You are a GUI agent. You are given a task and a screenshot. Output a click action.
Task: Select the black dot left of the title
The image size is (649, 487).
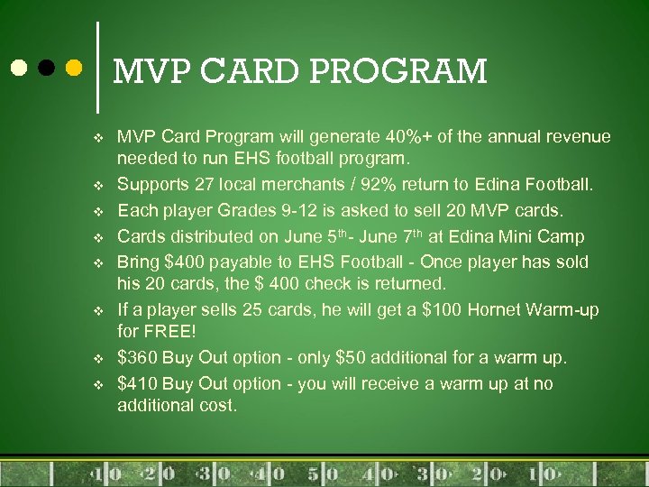pos(46,68)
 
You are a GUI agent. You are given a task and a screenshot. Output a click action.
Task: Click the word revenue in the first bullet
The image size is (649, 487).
pos(573,137)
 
